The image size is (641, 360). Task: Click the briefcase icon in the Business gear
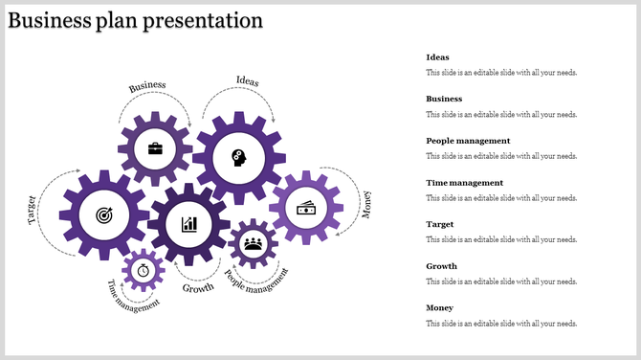[155, 148]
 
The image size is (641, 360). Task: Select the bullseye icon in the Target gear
[103, 216]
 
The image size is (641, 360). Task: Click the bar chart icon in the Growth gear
[189, 224]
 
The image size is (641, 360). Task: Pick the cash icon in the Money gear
[306, 208]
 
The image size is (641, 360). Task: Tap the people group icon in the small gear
[254, 243]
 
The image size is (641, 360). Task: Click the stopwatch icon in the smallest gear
[143, 269]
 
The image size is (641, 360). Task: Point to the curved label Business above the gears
[148, 86]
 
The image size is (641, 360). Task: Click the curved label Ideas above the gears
[247, 80]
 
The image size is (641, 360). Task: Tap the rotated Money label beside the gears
[366, 204]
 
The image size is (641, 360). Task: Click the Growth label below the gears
[198, 287]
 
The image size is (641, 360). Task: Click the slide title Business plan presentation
[135, 20]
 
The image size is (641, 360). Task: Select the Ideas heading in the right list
[437, 57]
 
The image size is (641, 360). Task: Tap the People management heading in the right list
[468, 141]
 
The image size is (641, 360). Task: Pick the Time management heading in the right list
[464, 183]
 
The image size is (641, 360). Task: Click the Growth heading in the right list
[441, 266]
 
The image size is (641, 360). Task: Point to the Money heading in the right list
[440, 308]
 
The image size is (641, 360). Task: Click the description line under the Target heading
[501, 239]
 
